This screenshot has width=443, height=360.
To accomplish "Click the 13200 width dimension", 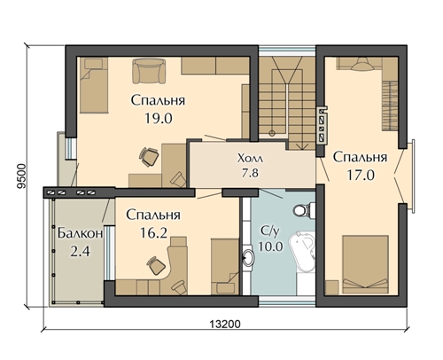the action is click(x=225, y=324).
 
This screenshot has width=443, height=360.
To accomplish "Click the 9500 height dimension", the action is click(x=21, y=176).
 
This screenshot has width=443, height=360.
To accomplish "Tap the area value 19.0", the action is click(x=159, y=119).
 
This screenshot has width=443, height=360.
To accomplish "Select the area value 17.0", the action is click(x=361, y=176).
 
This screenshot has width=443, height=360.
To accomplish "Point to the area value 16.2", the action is click(x=153, y=233).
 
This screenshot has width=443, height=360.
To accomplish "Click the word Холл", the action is click(x=251, y=159).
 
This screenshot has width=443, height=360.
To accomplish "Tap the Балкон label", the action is click(x=80, y=233).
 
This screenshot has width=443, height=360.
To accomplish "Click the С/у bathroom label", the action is click(x=270, y=232).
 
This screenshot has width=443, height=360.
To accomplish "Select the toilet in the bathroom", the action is click(x=303, y=210).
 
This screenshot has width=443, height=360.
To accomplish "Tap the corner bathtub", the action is click(x=302, y=252).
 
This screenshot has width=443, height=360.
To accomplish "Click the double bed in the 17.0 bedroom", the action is click(x=365, y=264).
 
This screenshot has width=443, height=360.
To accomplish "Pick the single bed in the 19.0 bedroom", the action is click(x=94, y=85).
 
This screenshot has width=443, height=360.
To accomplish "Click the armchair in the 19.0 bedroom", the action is click(x=149, y=71).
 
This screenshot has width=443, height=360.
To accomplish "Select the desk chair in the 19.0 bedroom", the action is click(x=149, y=157).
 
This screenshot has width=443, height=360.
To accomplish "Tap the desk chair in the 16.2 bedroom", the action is click(x=157, y=265).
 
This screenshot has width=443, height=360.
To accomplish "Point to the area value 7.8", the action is click(x=251, y=173).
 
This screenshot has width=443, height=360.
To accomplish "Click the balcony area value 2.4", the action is click(x=80, y=252).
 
